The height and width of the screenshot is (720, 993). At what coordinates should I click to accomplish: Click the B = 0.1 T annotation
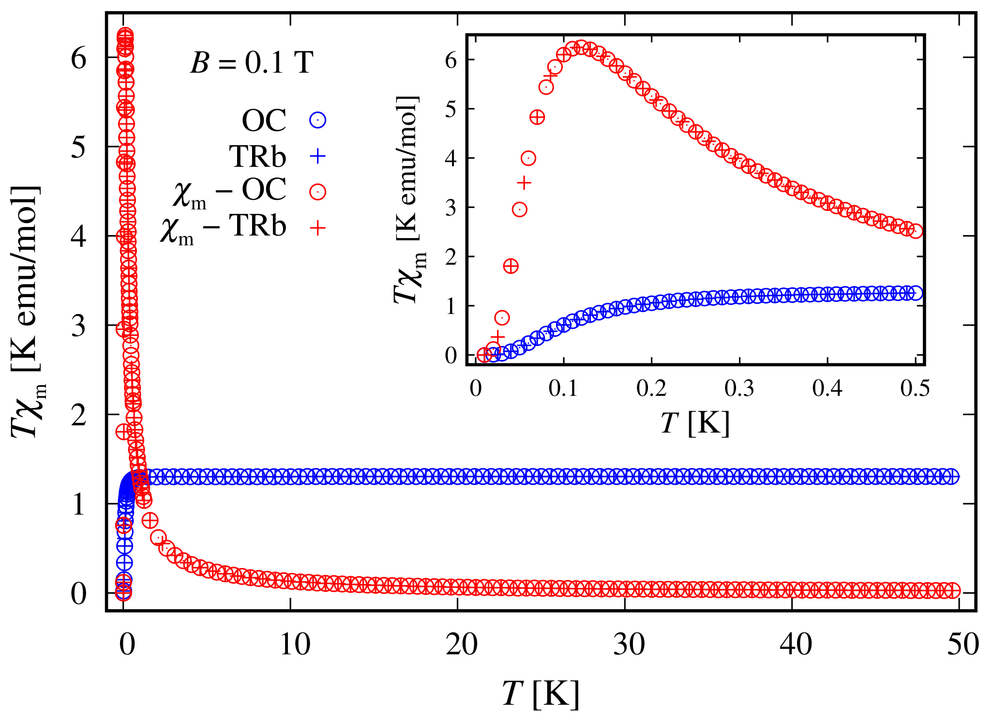[x=252, y=63]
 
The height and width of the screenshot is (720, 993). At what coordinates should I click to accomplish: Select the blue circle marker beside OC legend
[x=317, y=120]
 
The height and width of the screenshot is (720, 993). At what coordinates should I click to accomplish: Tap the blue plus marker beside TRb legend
[x=317, y=156]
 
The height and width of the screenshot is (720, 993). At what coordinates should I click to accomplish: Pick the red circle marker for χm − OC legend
[x=317, y=192]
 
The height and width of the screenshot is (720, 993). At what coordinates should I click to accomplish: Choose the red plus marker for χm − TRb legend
[x=317, y=227]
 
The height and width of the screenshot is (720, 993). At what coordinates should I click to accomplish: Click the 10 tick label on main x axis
[x=295, y=645]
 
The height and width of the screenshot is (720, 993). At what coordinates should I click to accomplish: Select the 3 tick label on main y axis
[x=78, y=326]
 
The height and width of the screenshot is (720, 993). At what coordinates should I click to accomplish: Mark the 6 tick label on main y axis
[x=78, y=59]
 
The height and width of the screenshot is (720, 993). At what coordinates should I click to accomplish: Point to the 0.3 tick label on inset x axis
[x=739, y=389]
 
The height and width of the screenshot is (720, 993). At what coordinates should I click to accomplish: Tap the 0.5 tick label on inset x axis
[x=915, y=389]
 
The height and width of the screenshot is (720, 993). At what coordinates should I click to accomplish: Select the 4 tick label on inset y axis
[x=451, y=159]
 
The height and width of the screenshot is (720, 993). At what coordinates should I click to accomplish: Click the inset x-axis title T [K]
[x=695, y=422]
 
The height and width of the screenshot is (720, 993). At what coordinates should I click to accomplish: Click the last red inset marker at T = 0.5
[x=916, y=231]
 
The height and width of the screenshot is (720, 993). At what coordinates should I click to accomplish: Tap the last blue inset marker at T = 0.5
[x=916, y=293]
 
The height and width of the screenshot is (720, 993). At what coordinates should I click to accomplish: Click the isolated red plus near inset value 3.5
[x=524, y=183]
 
